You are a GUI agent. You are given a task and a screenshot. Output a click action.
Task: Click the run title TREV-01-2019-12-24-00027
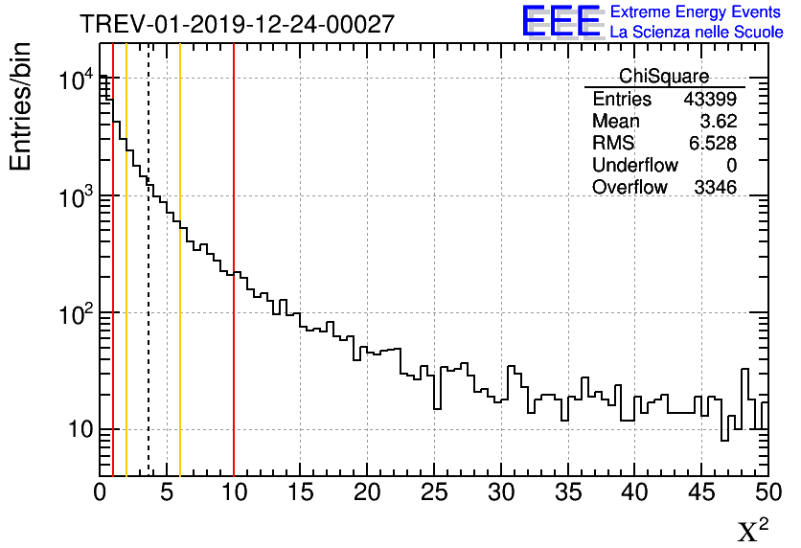click(x=237, y=24)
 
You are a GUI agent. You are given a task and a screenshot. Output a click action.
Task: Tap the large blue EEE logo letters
click(x=561, y=21)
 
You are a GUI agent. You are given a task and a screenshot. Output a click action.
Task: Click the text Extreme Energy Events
click(x=696, y=12)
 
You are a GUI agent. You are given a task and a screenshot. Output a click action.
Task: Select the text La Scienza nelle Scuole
click(x=696, y=33)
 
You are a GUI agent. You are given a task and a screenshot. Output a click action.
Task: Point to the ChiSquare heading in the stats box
click(x=664, y=77)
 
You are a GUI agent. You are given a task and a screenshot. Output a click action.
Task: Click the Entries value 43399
click(x=709, y=100)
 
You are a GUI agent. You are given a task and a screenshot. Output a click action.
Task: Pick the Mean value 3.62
click(x=719, y=122)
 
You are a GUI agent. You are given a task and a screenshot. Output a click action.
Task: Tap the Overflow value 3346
click(x=715, y=188)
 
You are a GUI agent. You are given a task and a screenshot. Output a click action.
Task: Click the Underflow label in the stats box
click(x=634, y=166)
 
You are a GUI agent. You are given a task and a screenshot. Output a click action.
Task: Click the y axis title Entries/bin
click(x=21, y=107)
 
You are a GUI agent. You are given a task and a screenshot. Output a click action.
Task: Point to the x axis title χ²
click(x=752, y=529)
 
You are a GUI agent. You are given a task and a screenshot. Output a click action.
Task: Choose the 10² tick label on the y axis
click(x=75, y=312)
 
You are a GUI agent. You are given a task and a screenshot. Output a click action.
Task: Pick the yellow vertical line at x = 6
click(x=180, y=335)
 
